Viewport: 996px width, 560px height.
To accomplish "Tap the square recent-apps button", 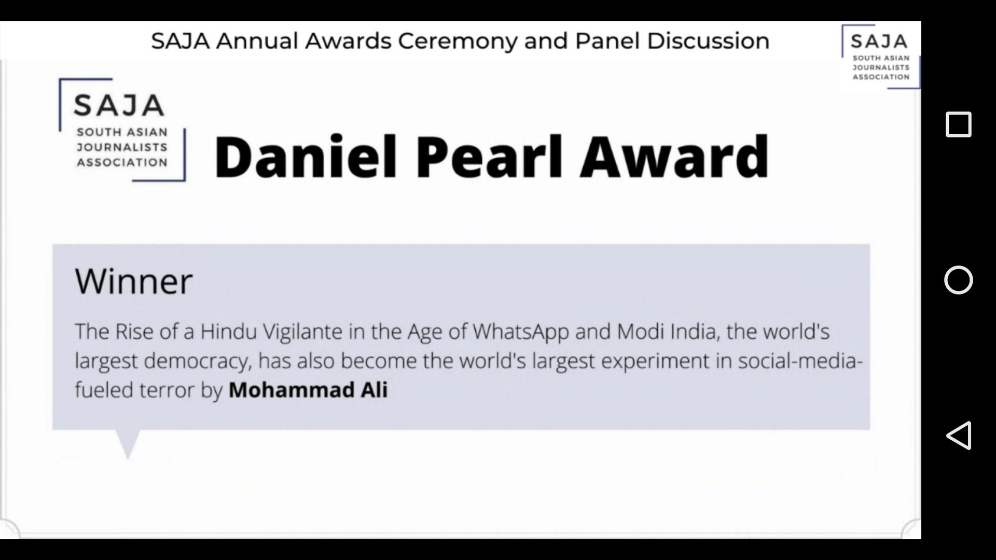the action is tap(958, 124).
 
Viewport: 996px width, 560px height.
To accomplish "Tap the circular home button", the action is tap(958, 280).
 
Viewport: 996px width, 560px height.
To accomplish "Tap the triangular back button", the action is tap(959, 435).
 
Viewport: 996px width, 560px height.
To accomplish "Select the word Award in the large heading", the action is tap(674, 156).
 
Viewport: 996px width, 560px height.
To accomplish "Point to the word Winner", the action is tap(134, 281).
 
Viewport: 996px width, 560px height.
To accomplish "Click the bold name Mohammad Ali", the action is tap(308, 390).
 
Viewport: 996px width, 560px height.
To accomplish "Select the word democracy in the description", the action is tap(198, 361).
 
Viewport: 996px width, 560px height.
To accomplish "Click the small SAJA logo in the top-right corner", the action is tap(881, 57).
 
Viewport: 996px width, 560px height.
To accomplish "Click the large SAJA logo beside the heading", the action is tap(122, 130).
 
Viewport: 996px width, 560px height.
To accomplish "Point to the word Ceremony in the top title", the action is tap(458, 41).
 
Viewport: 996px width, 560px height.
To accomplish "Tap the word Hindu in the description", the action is tap(229, 331).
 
